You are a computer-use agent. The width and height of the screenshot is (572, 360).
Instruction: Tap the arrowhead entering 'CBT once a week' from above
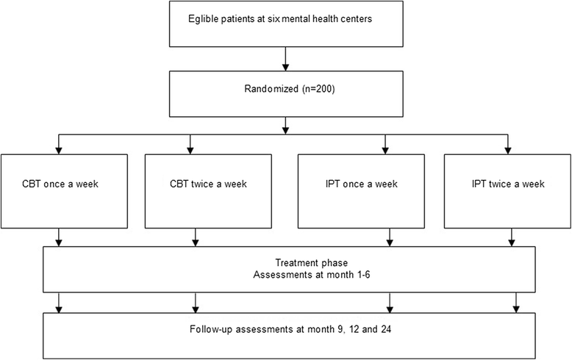coord(59,150)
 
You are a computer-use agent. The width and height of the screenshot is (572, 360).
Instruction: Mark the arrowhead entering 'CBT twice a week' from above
coord(190,150)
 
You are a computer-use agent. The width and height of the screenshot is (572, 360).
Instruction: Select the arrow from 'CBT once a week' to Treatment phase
coord(59,236)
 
